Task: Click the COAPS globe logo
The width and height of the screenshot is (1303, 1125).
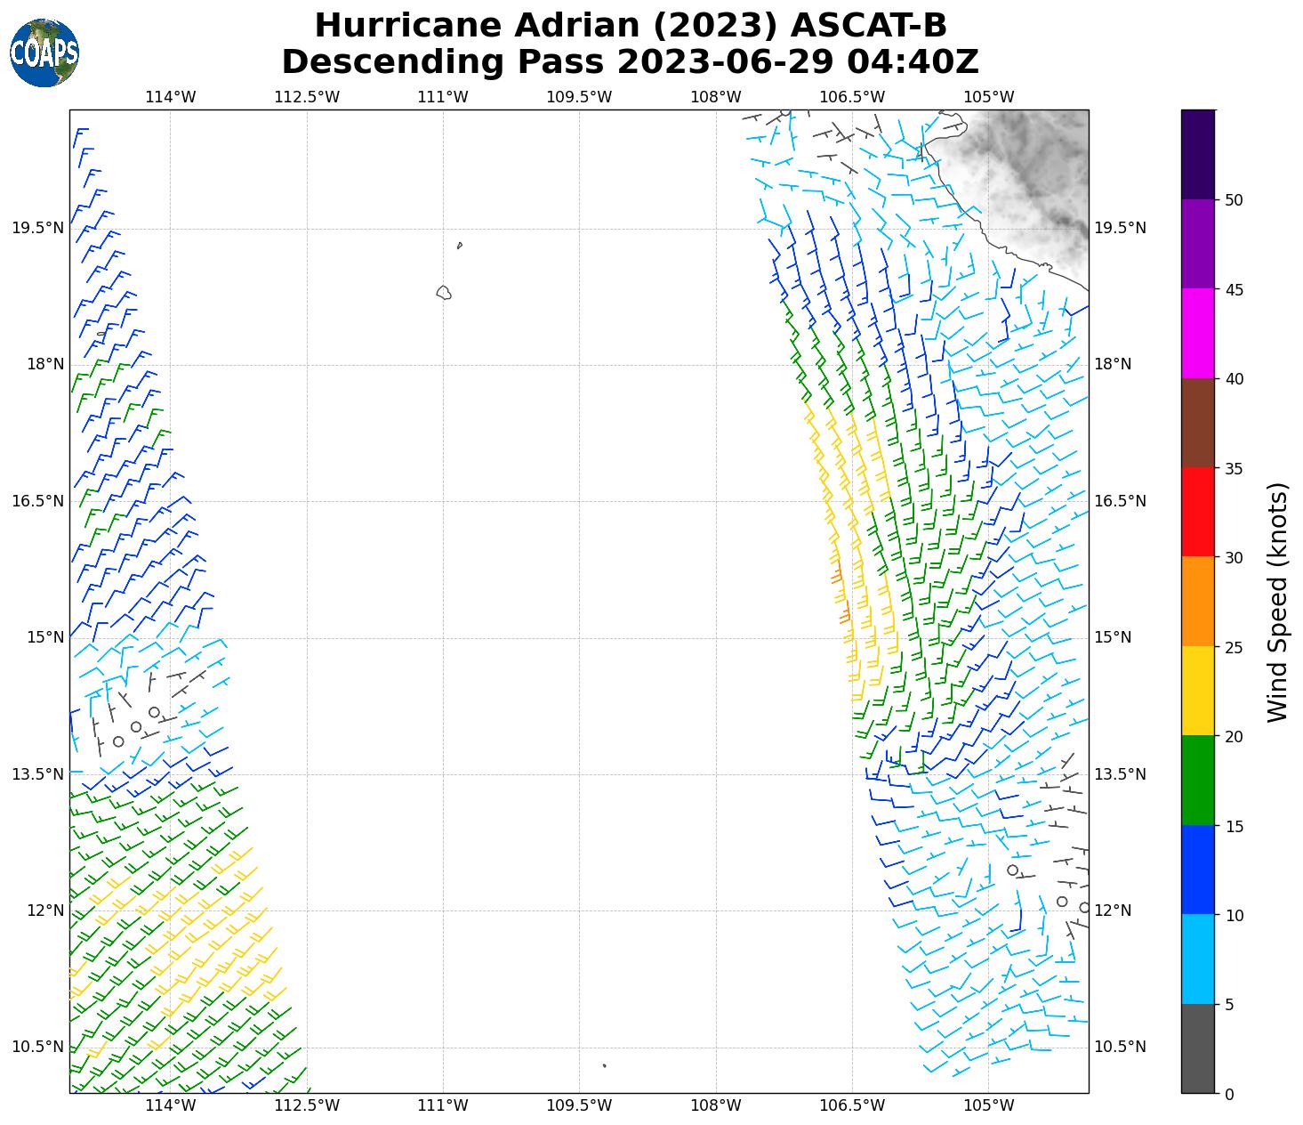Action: (x=44, y=53)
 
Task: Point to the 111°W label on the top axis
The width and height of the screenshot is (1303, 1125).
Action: (x=442, y=97)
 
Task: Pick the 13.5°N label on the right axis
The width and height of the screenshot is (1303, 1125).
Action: (x=1119, y=773)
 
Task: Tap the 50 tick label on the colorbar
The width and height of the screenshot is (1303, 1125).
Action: (x=1234, y=200)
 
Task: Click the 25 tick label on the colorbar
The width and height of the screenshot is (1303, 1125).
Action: (x=1234, y=647)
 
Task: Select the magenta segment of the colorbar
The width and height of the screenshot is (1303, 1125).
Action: (x=1198, y=334)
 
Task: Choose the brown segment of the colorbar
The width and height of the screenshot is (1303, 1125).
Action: (x=1198, y=423)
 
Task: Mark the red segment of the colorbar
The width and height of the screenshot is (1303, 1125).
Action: (x=1198, y=512)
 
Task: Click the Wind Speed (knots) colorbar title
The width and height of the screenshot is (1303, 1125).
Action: (x=1277, y=603)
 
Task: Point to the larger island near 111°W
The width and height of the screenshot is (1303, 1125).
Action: (x=443, y=292)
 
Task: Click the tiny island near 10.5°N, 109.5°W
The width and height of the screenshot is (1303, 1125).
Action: (x=604, y=1065)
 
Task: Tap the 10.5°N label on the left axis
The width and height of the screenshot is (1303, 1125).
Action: (x=37, y=1047)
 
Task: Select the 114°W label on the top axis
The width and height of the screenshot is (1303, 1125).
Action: (x=170, y=97)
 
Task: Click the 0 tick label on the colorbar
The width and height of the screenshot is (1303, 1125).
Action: (x=1229, y=1095)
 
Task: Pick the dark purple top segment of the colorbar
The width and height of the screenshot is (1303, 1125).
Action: (x=1198, y=154)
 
